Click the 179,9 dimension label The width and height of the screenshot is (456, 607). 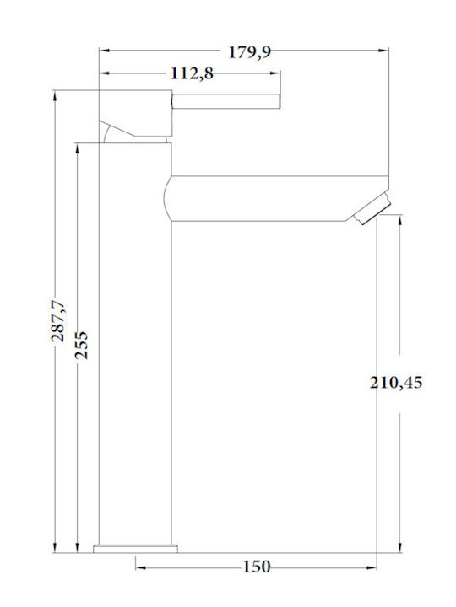[x=249, y=52]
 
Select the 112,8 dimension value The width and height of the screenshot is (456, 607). [x=192, y=73]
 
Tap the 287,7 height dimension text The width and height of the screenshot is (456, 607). [x=59, y=321]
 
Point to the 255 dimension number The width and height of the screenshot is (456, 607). [x=82, y=345]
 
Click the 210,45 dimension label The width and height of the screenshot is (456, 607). [x=396, y=383]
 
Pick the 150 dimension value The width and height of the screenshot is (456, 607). [x=257, y=567]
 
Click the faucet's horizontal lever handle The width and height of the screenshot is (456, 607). [x=225, y=101]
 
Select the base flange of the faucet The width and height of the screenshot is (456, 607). [x=135, y=549]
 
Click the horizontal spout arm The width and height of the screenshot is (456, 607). [x=276, y=199]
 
